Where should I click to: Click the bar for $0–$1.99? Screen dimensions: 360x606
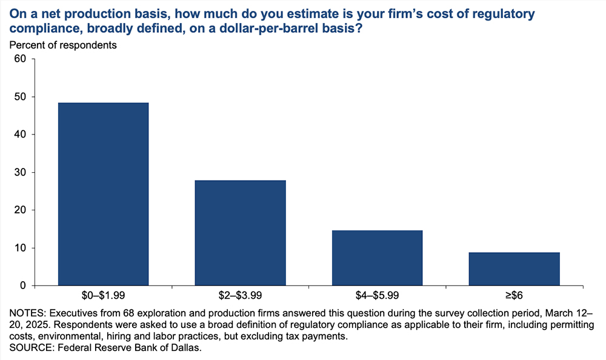coord(104,194)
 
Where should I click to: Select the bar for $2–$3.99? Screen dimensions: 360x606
coord(241,233)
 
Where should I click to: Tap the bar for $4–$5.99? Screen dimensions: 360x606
coord(378,258)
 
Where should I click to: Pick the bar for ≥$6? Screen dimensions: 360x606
coord(514,268)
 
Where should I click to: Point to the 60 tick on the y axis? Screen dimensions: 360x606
coord(21,59)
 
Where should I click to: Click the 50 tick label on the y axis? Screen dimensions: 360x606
coord(21,97)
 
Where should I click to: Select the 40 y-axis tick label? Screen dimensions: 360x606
coord(21,135)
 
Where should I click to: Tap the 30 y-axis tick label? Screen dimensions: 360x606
coord(21,173)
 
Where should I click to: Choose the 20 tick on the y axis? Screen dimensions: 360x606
coord(21,210)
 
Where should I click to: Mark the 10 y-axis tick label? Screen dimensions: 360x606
coord(21,248)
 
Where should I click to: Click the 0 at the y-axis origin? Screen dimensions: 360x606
coord(24,285)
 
